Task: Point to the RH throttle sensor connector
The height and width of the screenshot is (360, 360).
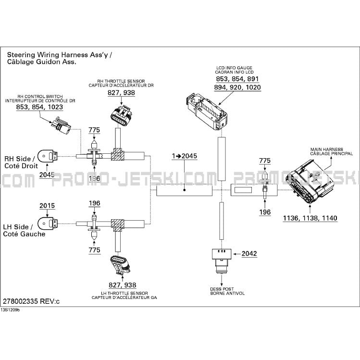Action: pyautogui.click(x=121, y=116)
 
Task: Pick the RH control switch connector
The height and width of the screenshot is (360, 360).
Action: pyautogui.click(x=61, y=125)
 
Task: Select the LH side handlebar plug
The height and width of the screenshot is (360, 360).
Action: pyautogui.click(x=48, y=223)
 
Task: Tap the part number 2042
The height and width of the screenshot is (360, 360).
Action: pyautogui.click(x=249, y=254)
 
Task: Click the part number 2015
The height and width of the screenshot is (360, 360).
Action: pyautogui.click(x=47, y=206)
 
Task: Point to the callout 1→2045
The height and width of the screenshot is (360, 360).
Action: pyautogui.click(x=185, y=156)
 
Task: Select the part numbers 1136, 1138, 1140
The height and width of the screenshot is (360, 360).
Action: pyautogui.click(x=310, y=218)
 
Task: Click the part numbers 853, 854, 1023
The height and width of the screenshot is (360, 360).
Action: pyautogui.click(x=39, y=107)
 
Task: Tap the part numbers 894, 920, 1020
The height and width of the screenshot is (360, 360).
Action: pyautogui.click(x=237, y=87)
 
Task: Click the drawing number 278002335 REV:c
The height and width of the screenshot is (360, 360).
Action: pyautogui.click(x=31, y=301)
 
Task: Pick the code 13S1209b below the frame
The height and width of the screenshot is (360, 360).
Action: pyautogui.click(x=10, y=310)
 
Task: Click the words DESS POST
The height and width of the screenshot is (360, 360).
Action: pyautogui.click(x=222, y=289)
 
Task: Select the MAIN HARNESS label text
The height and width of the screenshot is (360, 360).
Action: pyautogui.click(x=326, y=149)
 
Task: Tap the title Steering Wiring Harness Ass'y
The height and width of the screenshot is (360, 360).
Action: pyautogui.click(x=57, y=55)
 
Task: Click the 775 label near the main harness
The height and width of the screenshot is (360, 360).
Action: pyautogui.click(x=265, y=161)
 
